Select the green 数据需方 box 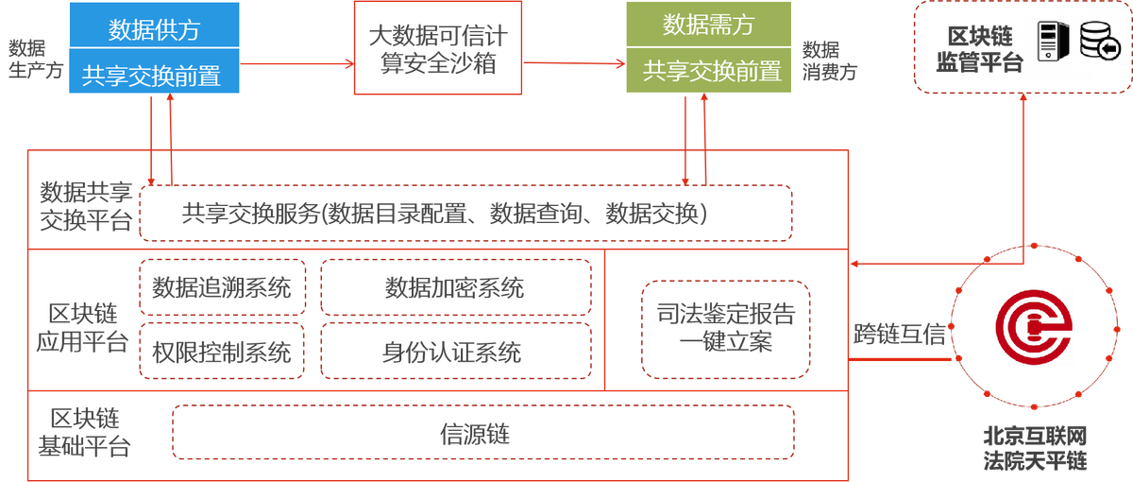click(708, 26)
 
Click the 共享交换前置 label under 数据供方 click(154, 74)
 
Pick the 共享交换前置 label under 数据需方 click(708, 71)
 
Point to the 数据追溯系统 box click(223, 286)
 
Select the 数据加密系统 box click(456, 286)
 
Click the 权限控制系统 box click(223, 353)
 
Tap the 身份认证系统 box click(456, 353)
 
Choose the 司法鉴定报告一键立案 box click(725, 326)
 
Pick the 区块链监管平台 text click(979, 49)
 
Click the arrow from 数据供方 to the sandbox click(296, 64)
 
